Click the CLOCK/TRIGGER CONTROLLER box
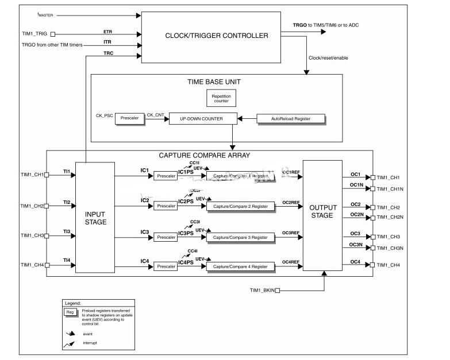(216, 36)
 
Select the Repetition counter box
(220, 98)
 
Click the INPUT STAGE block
(95, 218)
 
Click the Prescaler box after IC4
(166, 266)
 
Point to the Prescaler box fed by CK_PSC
(129, 119)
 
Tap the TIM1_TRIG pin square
(53, 34)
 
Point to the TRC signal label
(108, 53)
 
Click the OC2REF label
(290, 202)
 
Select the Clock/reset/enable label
(328, 58)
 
